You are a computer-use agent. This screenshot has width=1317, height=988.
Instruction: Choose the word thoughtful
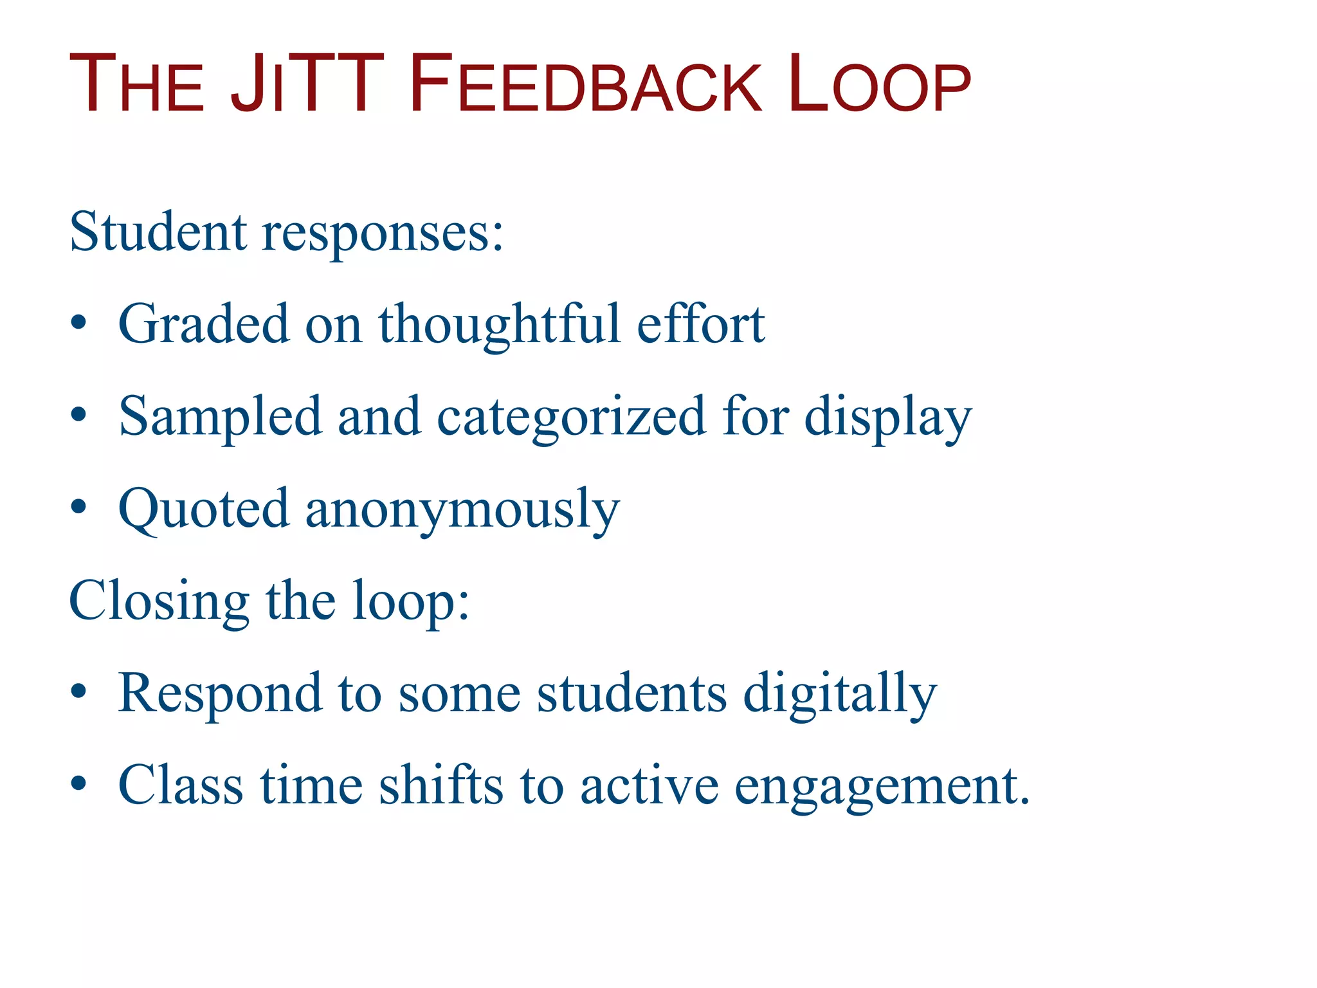coord(500,325)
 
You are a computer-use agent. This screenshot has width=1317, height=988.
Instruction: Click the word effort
coord(700,324)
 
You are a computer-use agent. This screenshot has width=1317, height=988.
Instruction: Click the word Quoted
coord(204,510)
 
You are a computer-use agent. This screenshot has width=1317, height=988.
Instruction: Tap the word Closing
coord(159,602)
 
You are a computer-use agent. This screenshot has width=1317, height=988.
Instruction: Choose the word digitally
coord(840,695)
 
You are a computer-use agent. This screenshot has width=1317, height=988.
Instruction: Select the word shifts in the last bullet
coord(441,786)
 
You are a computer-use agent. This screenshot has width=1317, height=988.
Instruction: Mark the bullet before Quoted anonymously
coord(78,507)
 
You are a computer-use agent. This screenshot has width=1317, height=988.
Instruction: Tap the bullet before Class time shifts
coord(78,783)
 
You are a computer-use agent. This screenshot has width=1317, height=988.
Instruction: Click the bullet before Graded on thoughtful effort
coord(78,322)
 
